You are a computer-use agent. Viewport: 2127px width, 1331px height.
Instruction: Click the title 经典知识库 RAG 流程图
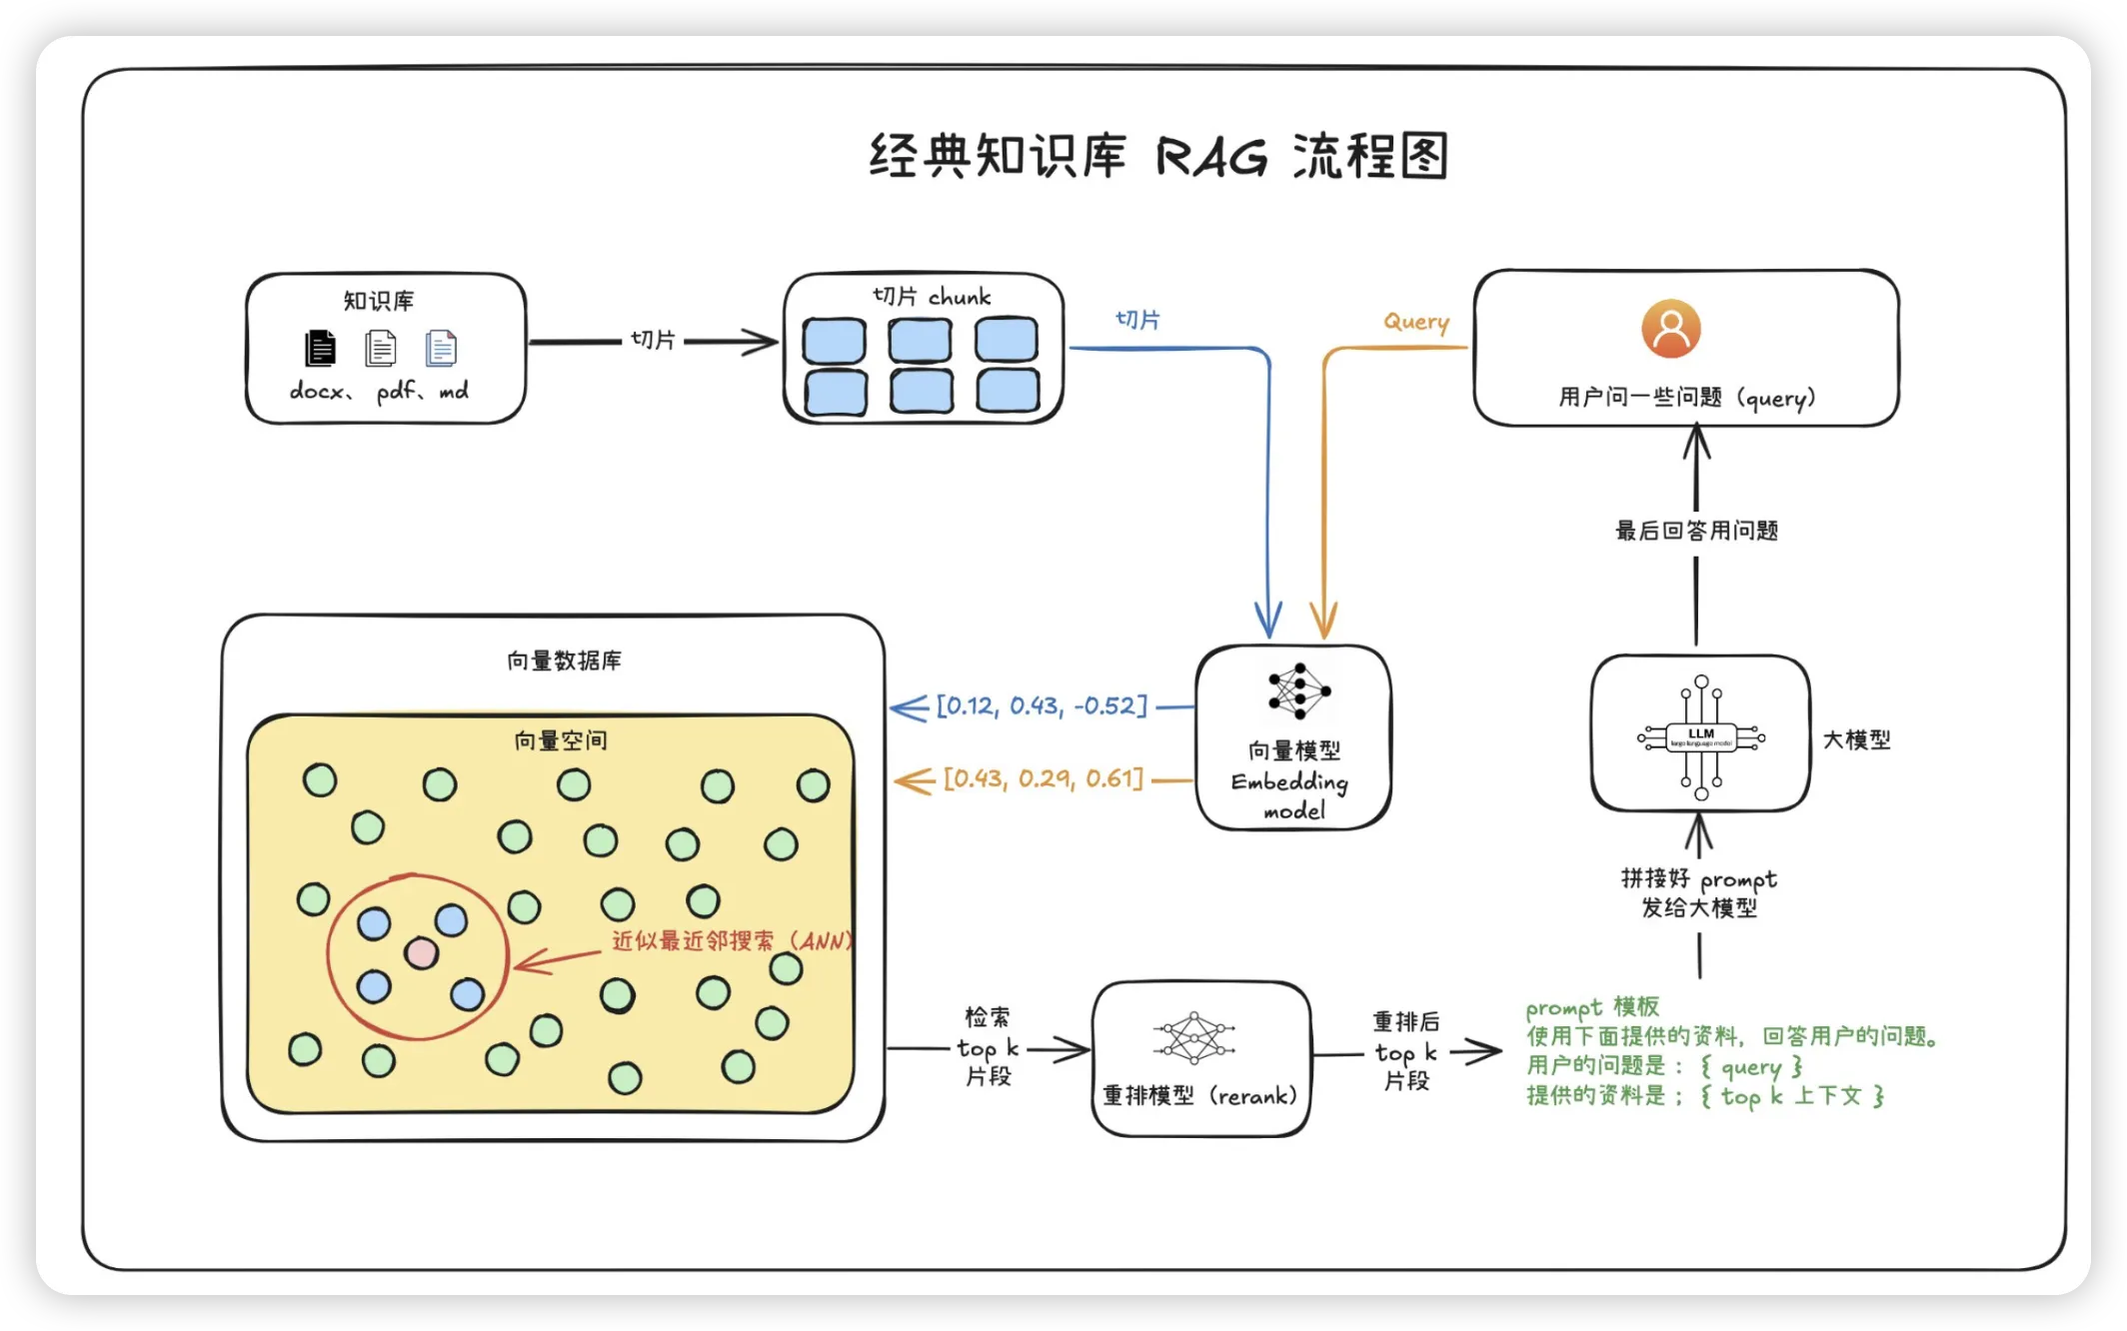point(1158,157)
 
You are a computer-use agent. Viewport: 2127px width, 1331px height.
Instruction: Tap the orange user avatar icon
point(1670,329)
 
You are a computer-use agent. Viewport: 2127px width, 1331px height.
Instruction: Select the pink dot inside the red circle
point(421,953)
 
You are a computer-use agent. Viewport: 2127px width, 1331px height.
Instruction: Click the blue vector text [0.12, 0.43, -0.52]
point(1042,706)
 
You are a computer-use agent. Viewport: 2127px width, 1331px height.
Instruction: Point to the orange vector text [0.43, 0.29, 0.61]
point(1043,778)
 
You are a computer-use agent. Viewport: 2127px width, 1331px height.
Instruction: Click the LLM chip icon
point(1700,737)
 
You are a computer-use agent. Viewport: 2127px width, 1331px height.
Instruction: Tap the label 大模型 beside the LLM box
point(1856,739)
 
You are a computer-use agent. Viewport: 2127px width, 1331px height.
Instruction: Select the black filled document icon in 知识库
point(320,348)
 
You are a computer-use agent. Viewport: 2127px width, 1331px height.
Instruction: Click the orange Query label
point(1415,322)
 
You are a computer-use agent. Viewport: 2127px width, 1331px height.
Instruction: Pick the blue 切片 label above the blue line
point(1137,320)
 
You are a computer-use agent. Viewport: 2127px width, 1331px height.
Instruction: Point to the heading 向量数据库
point(564,661)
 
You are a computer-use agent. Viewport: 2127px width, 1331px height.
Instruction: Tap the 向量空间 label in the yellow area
point(560,740)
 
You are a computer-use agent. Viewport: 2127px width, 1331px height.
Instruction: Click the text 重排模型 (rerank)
point(1199,1096)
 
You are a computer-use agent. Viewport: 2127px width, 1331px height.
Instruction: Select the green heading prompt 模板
point(1591,1007)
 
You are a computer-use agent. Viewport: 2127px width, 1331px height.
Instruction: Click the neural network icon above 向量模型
point(1298,690)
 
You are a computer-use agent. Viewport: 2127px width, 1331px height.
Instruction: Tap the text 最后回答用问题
point(1696,531)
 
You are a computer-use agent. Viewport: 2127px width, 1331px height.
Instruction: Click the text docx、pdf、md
point(379,391)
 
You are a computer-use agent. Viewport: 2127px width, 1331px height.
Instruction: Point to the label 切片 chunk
point(931,297)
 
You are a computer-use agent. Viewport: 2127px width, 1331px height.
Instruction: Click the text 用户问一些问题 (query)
point(1686,398)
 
